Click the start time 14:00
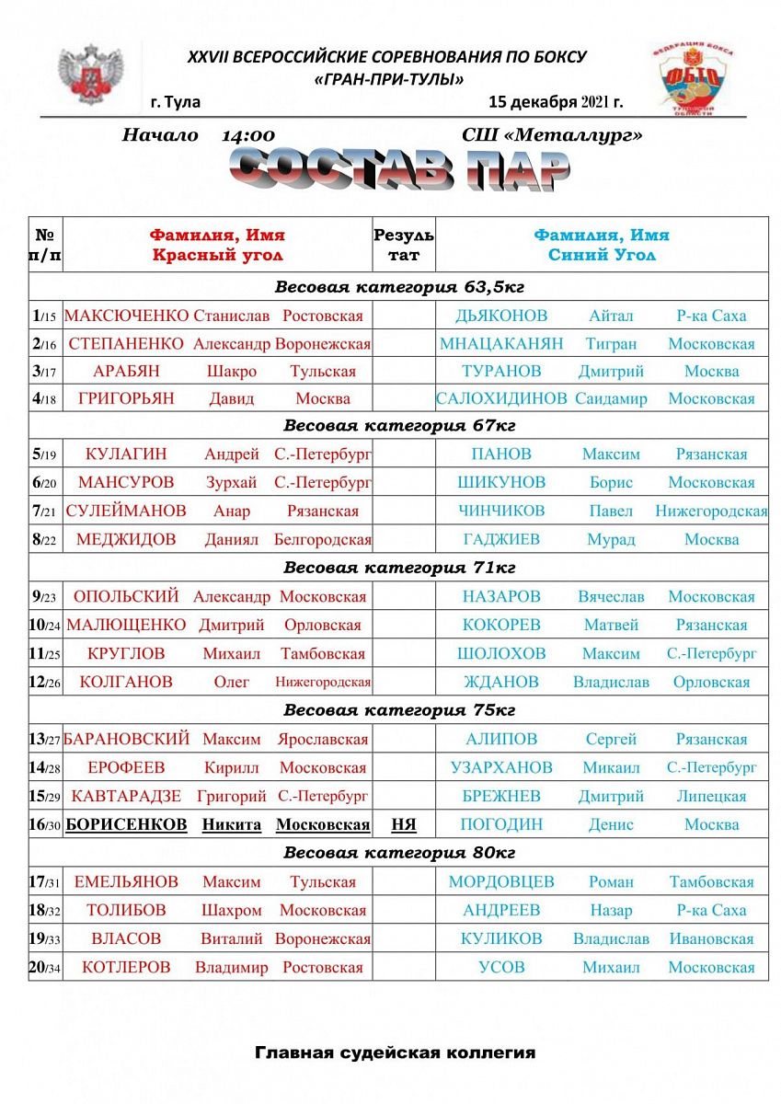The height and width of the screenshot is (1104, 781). (248, 135)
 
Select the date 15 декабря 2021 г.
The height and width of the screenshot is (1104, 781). (557, 101)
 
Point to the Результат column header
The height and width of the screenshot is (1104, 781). (404, 245)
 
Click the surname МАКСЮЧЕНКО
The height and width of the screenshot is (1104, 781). (126, 316)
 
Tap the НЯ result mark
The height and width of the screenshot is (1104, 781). (404, 824)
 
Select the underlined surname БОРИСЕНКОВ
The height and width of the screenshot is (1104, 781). (127, 824)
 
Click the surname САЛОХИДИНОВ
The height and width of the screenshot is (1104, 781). (501, 398)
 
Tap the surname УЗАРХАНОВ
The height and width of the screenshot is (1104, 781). (501, 767)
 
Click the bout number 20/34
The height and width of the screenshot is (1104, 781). (45, 967)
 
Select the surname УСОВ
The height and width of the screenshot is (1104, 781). (501, 967)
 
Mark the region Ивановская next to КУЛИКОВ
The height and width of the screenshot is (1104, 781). (711, 939)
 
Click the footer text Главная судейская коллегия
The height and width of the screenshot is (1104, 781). (395, 1052)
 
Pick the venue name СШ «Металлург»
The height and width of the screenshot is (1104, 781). (552, 135)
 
